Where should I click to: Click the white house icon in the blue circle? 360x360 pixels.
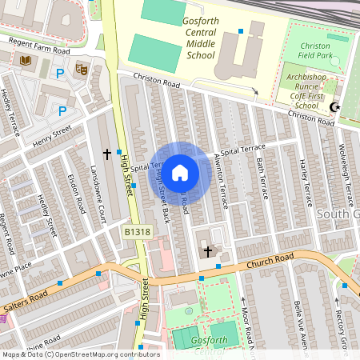click(180, 173)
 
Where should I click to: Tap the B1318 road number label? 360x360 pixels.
click(137, 232)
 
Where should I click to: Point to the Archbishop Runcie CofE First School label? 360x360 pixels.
click(306, 90)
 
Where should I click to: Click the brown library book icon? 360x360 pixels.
click(26, 61)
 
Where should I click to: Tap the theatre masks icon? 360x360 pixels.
click(81, 69)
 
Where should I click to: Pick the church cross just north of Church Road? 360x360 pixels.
click(208, 251)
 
